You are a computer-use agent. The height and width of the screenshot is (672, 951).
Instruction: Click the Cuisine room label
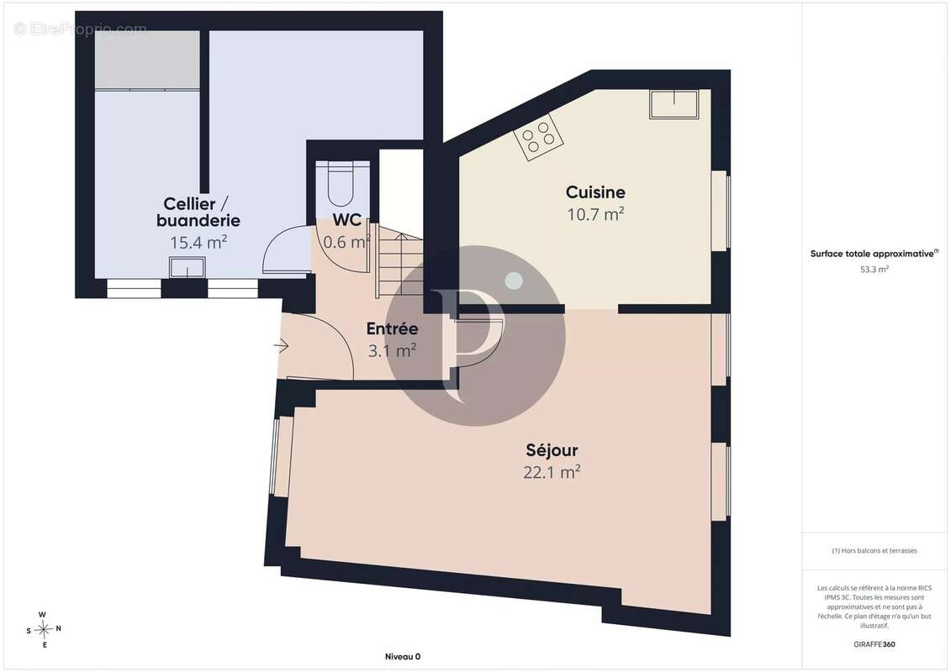pyautogui.click(x=595, y=192)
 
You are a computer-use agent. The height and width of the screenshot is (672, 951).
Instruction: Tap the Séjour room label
pyautogui.click(x=552, y=450)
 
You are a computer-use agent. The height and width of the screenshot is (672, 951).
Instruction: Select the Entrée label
pyautogui.click(x=392, y=328)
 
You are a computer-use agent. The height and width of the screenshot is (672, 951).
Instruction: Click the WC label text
pyautogui.click(x=347, y=219)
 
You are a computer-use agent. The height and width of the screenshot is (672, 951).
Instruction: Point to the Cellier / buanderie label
pyautogui.click(x=198, y=212)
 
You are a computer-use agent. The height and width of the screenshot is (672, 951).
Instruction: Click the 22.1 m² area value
pyautogui.click(x=552, y=471)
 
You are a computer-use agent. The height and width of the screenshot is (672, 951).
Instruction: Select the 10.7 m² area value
pyautogui.click(x=595, y=214)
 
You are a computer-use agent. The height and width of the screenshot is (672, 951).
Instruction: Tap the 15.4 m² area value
pyautogui.click(x=198, y=243)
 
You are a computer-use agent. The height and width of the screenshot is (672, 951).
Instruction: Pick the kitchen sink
pyautogui.click(x=674, y=104)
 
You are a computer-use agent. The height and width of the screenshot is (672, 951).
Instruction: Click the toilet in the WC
pyautogui.click(x=341, y=185)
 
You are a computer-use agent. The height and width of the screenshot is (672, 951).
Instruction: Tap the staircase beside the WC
pyautogui.click(x=399, y=260)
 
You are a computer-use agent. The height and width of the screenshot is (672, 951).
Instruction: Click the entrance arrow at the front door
pyautogui.click(x=281, y=346)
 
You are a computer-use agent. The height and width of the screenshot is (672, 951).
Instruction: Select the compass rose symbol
pyautogui.click(x=44, y=630)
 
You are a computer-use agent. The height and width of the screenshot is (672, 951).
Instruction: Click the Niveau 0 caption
pyautogui.click(x=403, y=656)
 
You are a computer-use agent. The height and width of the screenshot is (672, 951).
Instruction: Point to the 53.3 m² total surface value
pyautogui.click(x=874, y=270)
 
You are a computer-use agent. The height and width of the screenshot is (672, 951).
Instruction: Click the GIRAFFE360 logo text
pyautogui.click(x=874, y=644)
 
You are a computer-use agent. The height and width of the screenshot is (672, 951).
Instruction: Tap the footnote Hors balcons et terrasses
pyautogui.click(x=874, y=551)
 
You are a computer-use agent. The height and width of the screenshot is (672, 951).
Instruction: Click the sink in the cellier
pyautogui.click(x=187, y=267)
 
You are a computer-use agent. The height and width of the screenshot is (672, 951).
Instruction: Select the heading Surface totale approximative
pyautogui.click(x=874, y=254)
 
